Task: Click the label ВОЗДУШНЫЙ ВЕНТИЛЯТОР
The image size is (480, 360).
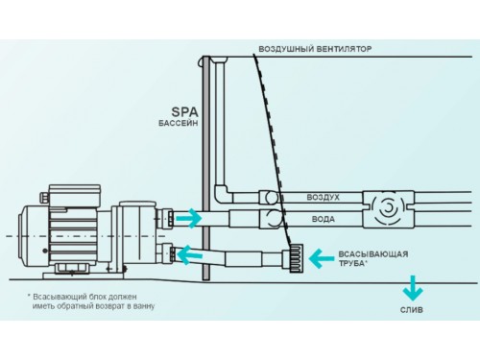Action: (x=315, y=49)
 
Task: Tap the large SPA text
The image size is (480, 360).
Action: (x=184, y=112)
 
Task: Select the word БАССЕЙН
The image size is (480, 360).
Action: (x=179, y=123)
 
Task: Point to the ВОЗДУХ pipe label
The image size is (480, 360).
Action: (x=323, y=197)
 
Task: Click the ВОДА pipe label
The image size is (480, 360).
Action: (x=324, y=219)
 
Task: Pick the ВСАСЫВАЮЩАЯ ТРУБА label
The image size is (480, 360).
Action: (x=373, y=258)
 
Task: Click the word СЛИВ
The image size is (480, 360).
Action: (x=412, y=310)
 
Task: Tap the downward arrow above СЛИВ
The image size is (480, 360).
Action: (x=413, y=288)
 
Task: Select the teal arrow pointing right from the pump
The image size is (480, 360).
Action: (x=189, y=218)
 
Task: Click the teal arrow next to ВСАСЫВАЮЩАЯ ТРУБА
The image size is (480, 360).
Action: (x=322, y=258)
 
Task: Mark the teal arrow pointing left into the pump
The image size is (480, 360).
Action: (x=189, y=255)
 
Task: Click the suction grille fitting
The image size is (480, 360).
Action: (x=296, y=258)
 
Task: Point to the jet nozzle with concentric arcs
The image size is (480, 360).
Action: (x=388, y=209)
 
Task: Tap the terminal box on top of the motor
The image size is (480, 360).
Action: (x=75, y=196)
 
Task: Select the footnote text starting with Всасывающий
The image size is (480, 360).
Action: (x=91, y=301)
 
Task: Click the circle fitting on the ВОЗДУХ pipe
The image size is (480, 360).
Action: (x=271, y=198)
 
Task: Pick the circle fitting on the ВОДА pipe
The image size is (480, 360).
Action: (x=273, y=218)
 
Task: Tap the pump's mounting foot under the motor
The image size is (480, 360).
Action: (x=84, y=272)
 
